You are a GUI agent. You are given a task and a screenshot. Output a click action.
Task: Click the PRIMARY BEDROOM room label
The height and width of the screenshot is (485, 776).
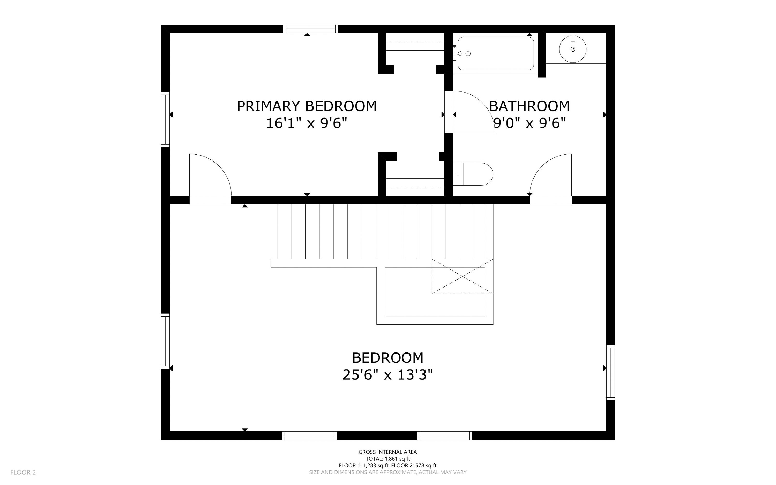(x=307, y=106)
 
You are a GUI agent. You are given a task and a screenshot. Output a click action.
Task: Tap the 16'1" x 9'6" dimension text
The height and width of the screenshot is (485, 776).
(x=307, y=123)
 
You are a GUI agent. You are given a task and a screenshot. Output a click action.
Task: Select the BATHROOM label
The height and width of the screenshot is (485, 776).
(x=529, y=106)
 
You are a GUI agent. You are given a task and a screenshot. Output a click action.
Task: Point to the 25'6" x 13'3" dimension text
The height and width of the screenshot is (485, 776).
(x=387, y=375)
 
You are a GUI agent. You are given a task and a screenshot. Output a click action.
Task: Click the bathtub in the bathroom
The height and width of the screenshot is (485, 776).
(x=496, y=54)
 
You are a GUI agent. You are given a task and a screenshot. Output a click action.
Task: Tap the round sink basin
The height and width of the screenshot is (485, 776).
(x=573, y=49)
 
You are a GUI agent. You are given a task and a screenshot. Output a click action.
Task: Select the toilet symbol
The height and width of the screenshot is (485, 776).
(x=473, y=174)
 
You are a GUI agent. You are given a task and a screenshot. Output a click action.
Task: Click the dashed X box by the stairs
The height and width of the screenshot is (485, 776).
(x=462, y=276)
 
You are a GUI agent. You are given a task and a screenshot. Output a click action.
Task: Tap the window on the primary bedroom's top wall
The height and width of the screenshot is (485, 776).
(x=310, y=29)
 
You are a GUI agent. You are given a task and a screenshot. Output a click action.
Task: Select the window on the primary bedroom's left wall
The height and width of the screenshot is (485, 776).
(x=165, y=119)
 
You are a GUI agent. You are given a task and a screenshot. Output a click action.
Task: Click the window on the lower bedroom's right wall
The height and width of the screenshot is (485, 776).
(x=611, y=373)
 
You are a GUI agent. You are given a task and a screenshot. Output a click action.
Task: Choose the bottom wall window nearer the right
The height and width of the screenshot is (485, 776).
(x=445, y=436)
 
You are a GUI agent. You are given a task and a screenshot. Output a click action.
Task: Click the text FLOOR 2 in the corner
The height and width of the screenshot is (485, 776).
(x=23, y=472)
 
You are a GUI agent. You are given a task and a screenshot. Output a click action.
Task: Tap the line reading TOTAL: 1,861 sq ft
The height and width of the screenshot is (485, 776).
(x=387, y=459)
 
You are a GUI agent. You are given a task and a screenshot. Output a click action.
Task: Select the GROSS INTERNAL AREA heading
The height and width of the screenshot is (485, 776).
(x=387, y=452)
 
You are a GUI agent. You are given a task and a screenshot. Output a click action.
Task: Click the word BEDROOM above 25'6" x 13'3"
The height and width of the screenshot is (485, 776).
(x=387, y=358)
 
